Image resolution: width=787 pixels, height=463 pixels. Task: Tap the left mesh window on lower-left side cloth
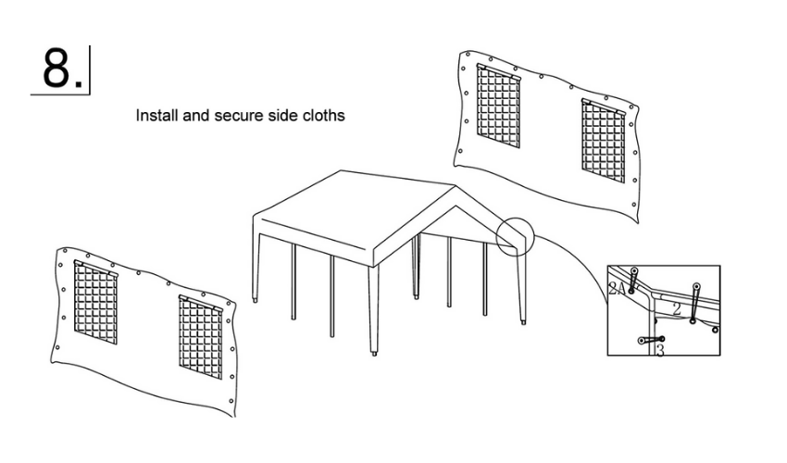[95, 303]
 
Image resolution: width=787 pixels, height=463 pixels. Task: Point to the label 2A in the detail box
[618, 289]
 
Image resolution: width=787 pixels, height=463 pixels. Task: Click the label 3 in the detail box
[659, 351]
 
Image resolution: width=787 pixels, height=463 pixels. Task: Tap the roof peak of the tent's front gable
[455, 188]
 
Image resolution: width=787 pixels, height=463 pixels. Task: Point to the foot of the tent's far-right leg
[525, 323]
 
